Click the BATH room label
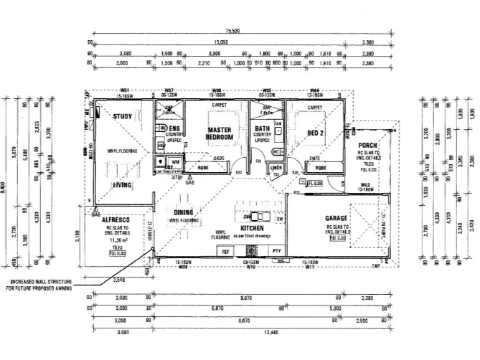coord(262,130)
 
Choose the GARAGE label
coord(336,217)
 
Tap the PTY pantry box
coord(276,250)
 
